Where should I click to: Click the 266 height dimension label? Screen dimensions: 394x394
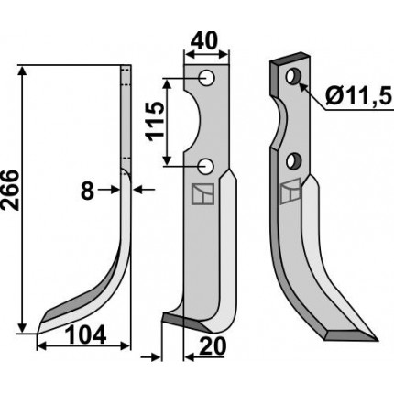pos(11,191)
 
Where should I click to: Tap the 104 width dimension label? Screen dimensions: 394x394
pos(86,334)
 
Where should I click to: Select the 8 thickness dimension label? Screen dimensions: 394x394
pos(88,191)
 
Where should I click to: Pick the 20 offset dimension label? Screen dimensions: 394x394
pos(212,346)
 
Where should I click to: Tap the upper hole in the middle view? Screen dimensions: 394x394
pos(206,78)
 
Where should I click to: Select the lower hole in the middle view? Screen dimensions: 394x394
pos(206,167)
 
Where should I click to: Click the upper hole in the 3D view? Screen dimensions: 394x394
pos(293,77)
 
